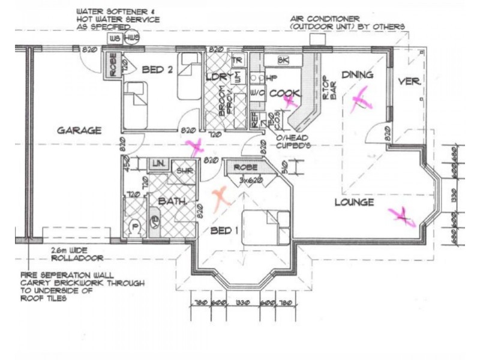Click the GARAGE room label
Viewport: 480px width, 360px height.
[x=79, y=130]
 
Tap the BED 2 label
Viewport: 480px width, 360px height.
[x=157, y=70]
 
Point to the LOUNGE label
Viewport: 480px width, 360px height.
[x=354, y=203]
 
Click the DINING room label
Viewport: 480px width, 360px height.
[x=358, y=75]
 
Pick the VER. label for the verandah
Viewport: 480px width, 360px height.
[x=410, y=82]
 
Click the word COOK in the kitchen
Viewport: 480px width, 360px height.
[x=281, y=93]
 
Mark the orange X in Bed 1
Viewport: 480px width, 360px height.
[x=221, y=196]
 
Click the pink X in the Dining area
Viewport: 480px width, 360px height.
[x=361, y=99]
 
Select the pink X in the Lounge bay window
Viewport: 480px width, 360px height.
[x=402, y=215]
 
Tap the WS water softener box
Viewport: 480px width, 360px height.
[x=113, y=38]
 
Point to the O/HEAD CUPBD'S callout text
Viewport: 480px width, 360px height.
[x=292, y=141]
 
